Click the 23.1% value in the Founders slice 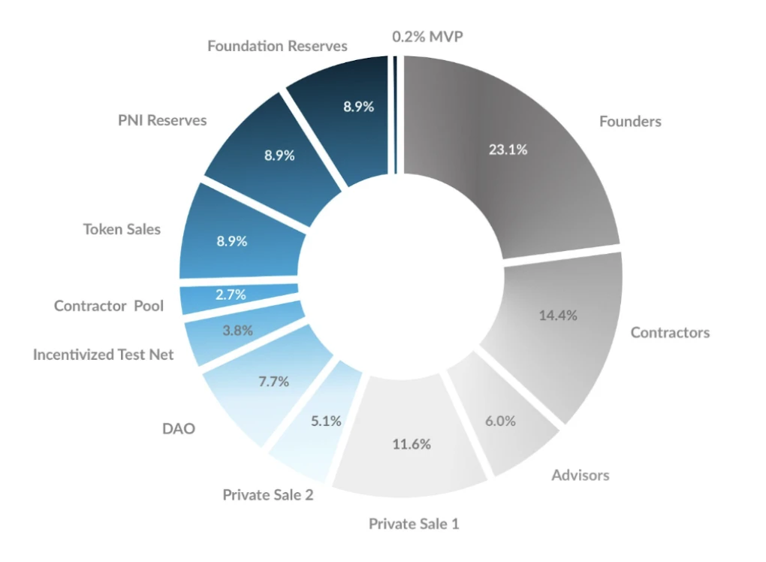coord(508,150)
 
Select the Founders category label coord(630,121)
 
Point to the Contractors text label coord(670,332)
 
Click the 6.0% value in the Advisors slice coord(500,421)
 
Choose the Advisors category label coord(580,475)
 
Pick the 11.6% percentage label coord(412,444)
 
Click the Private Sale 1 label coord(413,524)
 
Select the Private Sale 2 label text coord(267,495)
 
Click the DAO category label coord(178,428)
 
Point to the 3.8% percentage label coord(237,330)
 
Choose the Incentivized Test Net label coord(103,355)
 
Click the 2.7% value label coord(231,295)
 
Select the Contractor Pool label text coord(108,307)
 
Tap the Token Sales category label coord(122,229)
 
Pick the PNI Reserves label coord(162,120)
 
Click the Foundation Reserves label coord(277,46)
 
